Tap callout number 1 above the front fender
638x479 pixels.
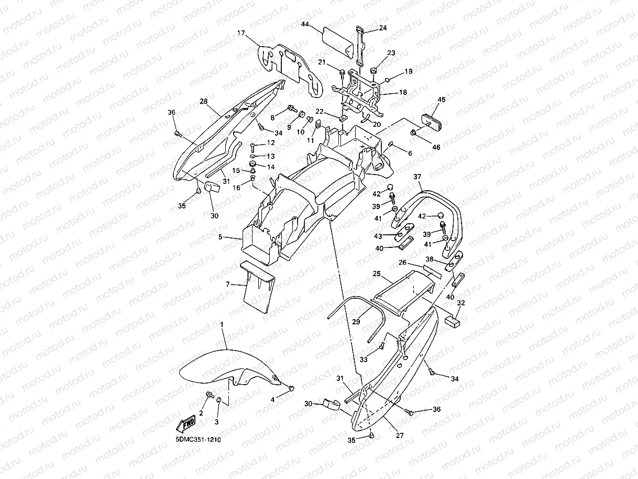[x=222, y=325]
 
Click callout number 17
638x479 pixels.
[x=241, y=33]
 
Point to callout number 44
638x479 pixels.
[x=305, y=24]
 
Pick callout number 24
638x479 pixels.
[x=383, y=28]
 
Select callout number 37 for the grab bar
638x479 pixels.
[x=417, y=177]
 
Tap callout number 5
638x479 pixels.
[x=221, y=237]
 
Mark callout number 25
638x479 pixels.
[x=376, y=274]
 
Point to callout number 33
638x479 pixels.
[x=364, y=359]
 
